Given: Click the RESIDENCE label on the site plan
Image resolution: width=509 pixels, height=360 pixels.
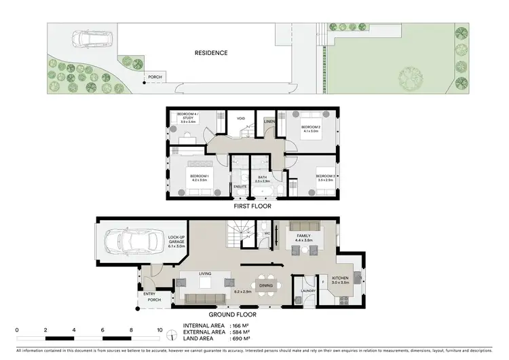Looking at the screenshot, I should (x=210, y=52).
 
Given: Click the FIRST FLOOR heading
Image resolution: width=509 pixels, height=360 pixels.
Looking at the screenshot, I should (x=252, y=206).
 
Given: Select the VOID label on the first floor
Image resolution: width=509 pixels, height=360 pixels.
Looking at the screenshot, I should (x=240, y=118).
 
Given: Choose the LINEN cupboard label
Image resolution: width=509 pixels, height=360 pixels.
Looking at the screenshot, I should (x=269, y=122).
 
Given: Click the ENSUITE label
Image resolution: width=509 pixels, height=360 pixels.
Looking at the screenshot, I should (x=240, y=185).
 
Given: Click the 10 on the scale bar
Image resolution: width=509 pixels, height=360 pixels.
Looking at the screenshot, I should (x=159, y=329).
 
